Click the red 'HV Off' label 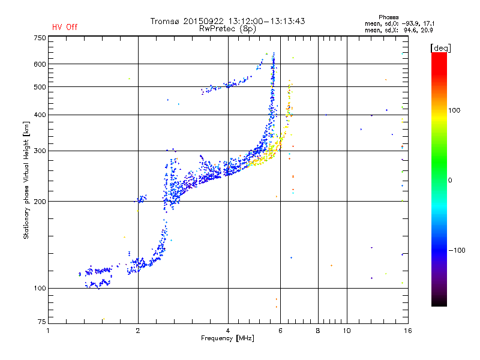point(64,27)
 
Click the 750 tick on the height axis point(40,38)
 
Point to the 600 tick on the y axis point(40,64)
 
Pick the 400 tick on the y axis point(40,115)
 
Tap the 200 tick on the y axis point(40,202)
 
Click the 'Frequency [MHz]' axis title point(227,339)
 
